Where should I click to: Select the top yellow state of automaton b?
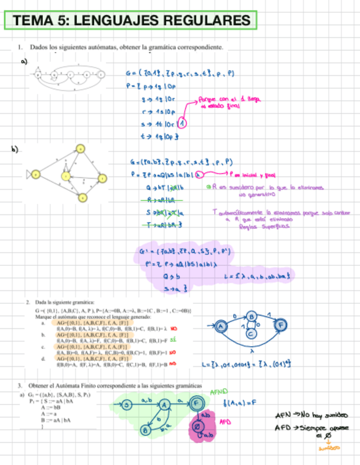tap(80, 149)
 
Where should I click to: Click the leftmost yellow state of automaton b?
tap(35, 174)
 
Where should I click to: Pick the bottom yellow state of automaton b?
tap(81, 198)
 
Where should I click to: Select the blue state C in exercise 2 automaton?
tap(251, 332)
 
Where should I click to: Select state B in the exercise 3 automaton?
tap(146, 430)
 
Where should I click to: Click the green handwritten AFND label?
tap(218, 393)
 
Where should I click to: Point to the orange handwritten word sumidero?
tap(329, 447)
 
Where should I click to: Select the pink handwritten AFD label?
tap(224, 423)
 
